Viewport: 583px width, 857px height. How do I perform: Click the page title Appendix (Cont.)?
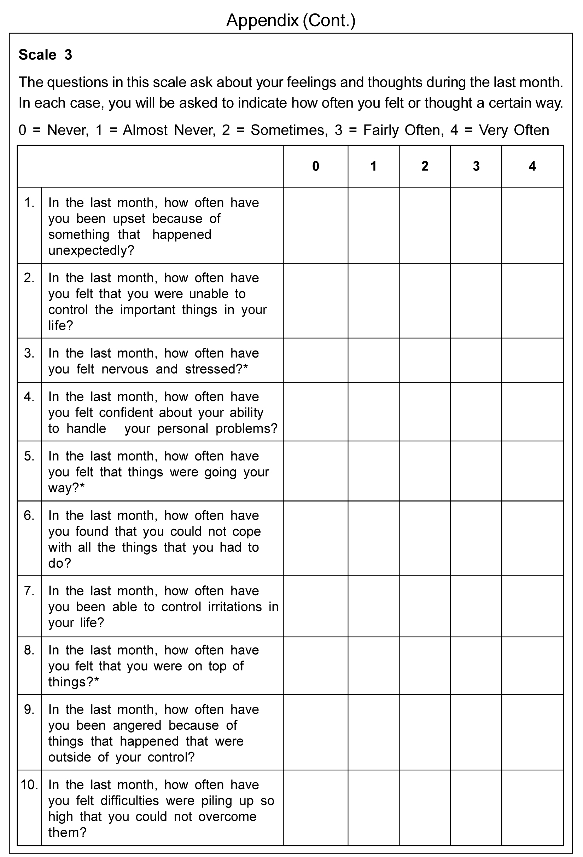pyautogui.click(x=291, y=20)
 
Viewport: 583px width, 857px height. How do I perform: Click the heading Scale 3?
pyautogui.click(x=45, y=54)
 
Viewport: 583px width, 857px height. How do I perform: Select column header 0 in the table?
pyautogui.click(x=315, y=166)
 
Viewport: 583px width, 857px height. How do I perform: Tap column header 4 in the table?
pyautogui.click(x=532, y=166)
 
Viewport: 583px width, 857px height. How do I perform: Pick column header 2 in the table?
pyautogui.click(x=425, y=166)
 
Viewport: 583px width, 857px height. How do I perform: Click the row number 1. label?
pyautogui.click(x=29, y=202)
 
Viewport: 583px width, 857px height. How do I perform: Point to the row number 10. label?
pyautogui.click(x=29, y=784)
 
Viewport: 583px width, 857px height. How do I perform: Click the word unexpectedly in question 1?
pyautogui.click(x=91, y=250)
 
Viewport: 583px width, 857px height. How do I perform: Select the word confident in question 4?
pyautogui.click(x=126, y=412)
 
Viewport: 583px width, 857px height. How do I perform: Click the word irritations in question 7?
pyautogui.click(x=235, y=607)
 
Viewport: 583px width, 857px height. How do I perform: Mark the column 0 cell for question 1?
pyautogui.click(x=315, y=225)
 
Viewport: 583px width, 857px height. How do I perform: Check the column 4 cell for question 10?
pyautogui.click(x=532, y=807)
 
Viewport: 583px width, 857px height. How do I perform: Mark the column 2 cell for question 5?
pyautogui.click(x=425, y=471)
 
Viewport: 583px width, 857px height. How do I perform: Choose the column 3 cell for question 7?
pyautogui.click(x=476, y=606)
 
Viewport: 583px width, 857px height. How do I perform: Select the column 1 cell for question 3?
pyautogui.click(x=373, y=360)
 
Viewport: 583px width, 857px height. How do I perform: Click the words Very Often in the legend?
pyautogui.click(x=514, y=130)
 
